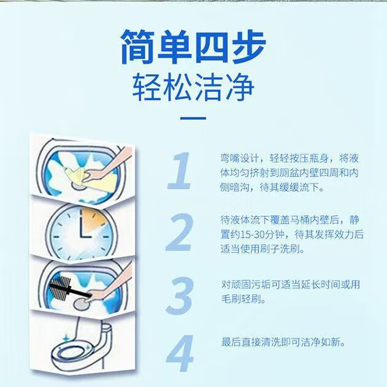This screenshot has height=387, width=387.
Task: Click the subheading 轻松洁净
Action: pyautogui.click(x=193, y=88)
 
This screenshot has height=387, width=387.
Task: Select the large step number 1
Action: pyautogui.click(x=179, y=172)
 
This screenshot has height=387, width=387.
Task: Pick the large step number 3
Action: pyautogui.click(x=179, y=297)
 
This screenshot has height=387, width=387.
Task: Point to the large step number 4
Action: pyautogui.click(x=180, y=354)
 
